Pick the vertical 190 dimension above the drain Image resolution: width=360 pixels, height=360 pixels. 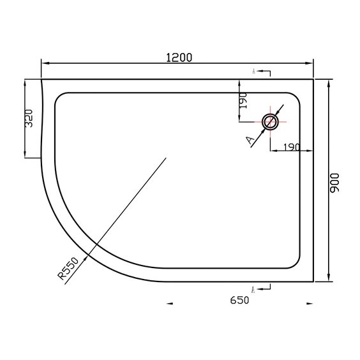(244, 101)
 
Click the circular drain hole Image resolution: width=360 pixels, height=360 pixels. (271, 122)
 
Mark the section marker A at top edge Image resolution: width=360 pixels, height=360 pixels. (254, 72)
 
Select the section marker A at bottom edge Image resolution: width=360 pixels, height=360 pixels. (254, 290)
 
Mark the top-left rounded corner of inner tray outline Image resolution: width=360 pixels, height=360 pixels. (61, 98)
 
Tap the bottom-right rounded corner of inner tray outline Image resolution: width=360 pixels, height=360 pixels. (294, 263)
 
